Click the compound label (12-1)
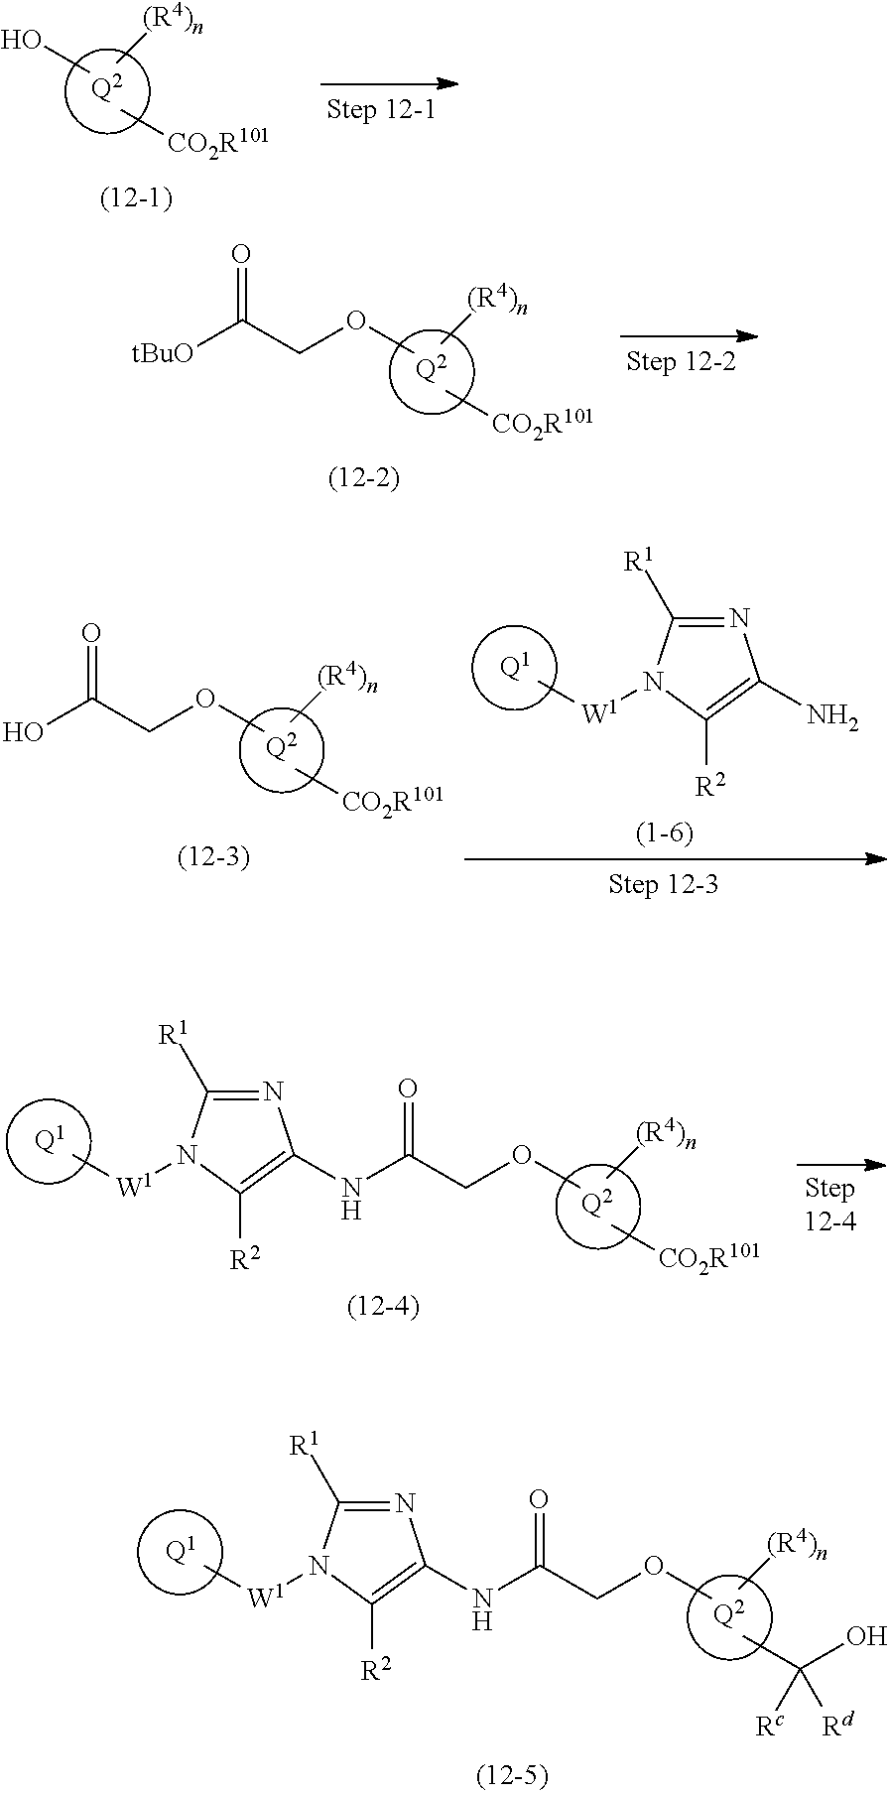[x=136, y=199]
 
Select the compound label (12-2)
[x=363, y=479]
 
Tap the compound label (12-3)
[x=212, y=856]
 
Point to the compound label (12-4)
[x=383, y=1307]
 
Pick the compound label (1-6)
[x=664, y=833]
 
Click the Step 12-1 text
[x=381, y=109]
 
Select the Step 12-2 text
[x=681, y=361]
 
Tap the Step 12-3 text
[x=663, y=883]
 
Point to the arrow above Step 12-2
[x=688, y=337]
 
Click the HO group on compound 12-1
[x=25, y=42]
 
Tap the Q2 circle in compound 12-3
[x=282, y=750]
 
